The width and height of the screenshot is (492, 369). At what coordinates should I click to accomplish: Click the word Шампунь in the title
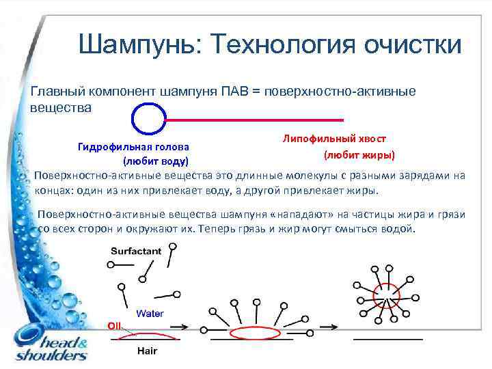[134, 44]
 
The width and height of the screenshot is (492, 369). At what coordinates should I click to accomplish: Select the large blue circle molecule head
[148, 120]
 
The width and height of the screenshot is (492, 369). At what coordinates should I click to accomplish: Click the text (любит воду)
[155, 161]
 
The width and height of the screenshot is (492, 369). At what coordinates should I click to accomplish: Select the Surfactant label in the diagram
[136, 251]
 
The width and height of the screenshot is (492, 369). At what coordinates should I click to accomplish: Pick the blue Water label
[150, 314]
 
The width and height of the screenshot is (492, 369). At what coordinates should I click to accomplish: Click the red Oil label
[113, 325]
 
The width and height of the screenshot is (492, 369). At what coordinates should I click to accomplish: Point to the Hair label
[147, 351]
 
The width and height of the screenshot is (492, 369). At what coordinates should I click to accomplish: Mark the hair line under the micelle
[388, 338]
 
